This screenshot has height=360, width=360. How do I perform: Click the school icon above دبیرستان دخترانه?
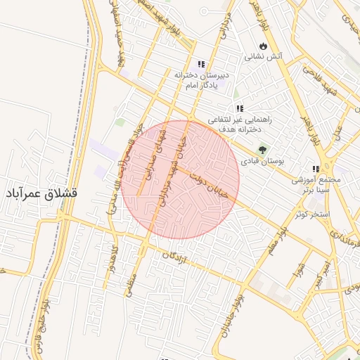click(x=201, y=64)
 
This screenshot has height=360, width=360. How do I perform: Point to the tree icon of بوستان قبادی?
click(x=263, y=149)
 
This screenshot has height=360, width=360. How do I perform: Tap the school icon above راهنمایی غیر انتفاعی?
click(x=240, y=109)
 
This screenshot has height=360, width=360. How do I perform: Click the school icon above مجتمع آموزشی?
click(x=316, y=169)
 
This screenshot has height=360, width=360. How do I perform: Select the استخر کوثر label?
click(x=312, y=212)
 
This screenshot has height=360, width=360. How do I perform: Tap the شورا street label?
click(x=300, y=270)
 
